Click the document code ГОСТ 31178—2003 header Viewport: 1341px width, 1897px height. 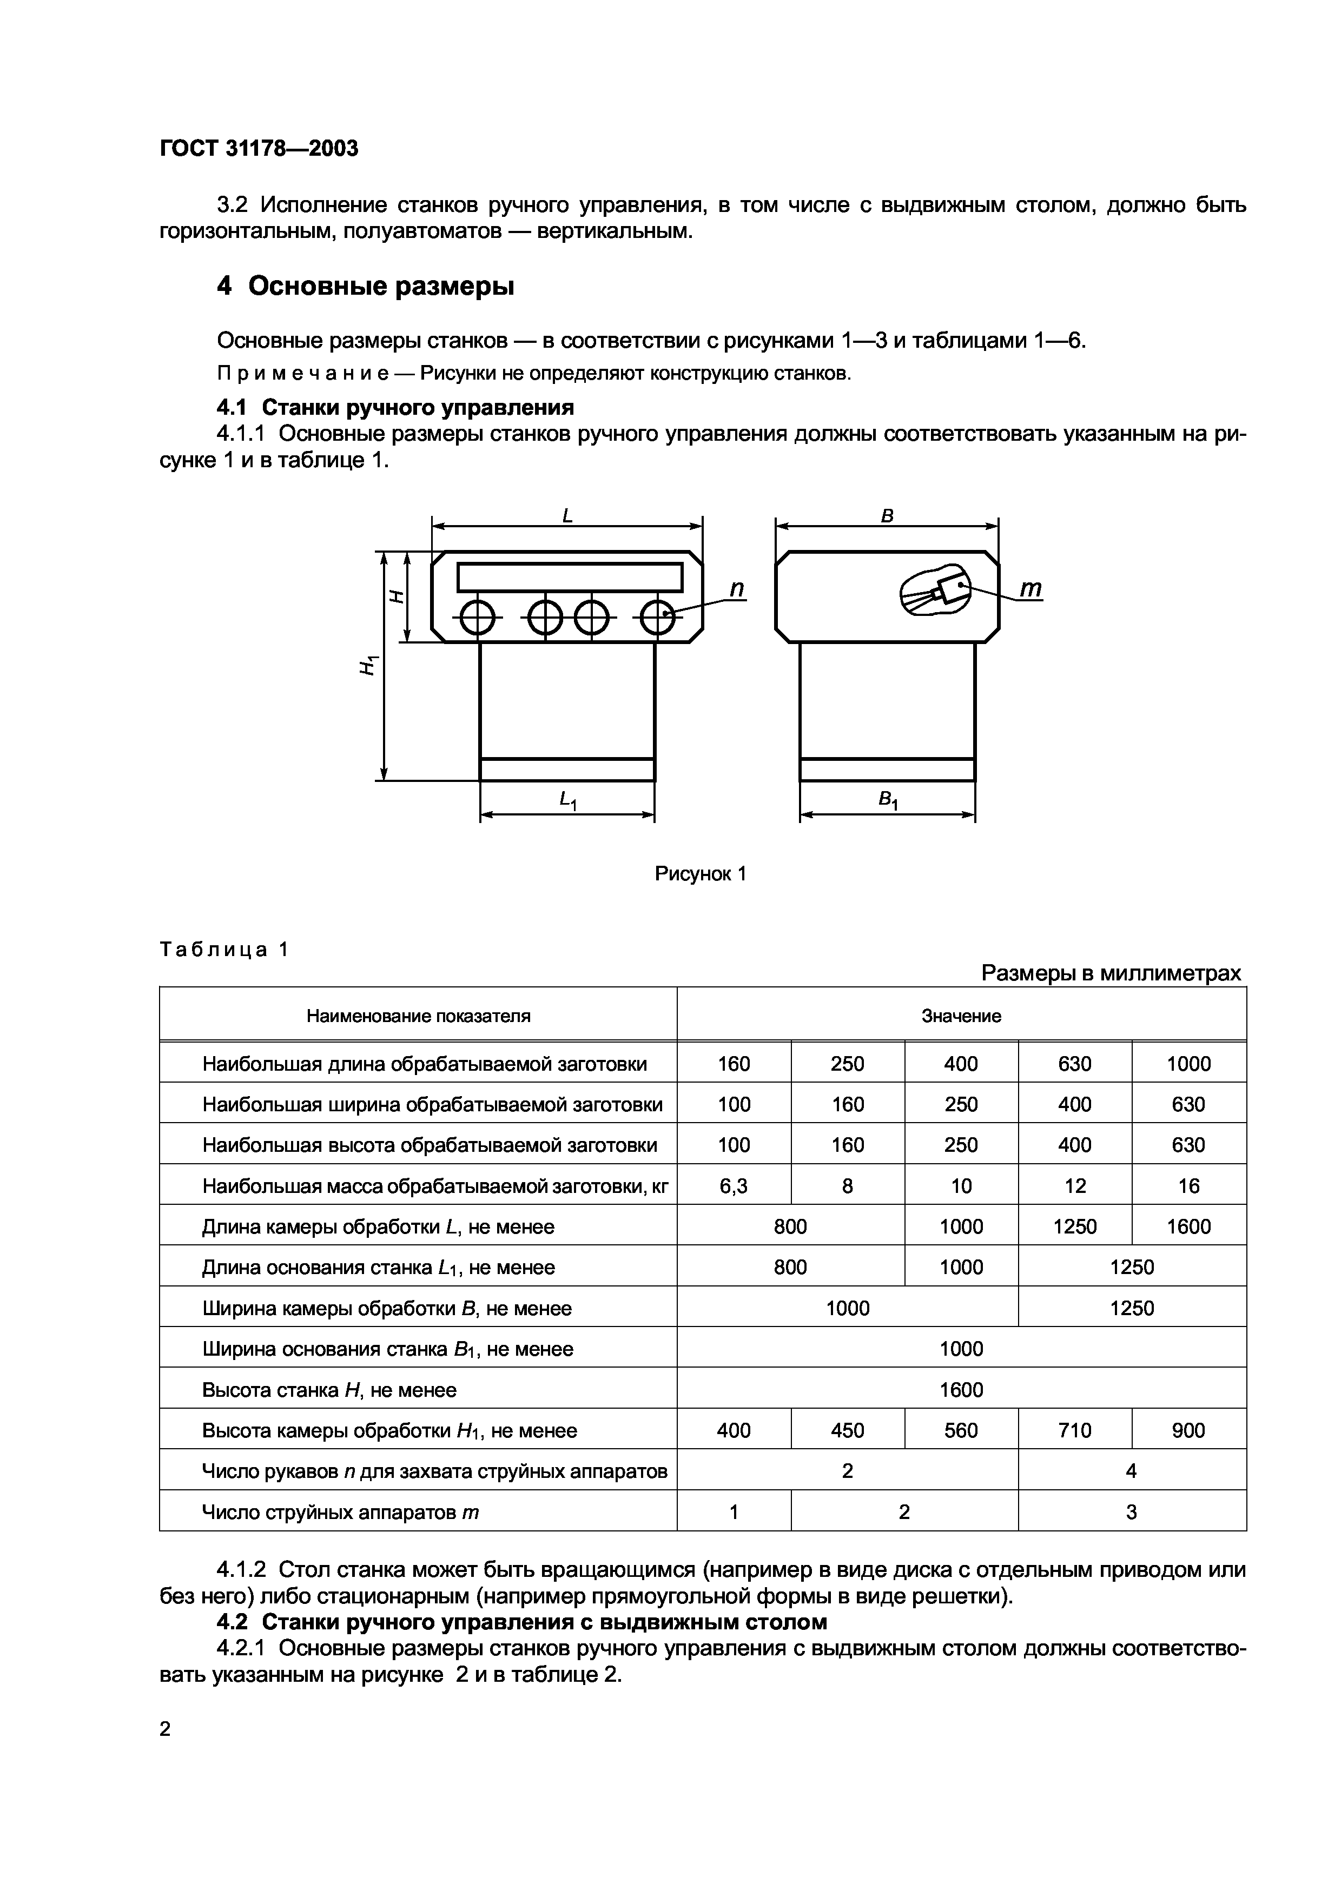(259, 149)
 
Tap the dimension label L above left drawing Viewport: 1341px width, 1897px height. (567, 515)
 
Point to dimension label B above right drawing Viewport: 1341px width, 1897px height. (887, 515)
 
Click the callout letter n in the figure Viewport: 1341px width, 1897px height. (736, 588)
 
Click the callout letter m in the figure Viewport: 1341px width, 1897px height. (1030, 588)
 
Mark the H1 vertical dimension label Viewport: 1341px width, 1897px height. (368, 664)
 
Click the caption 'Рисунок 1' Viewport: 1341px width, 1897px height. (701, 873)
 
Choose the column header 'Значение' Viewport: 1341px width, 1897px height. (961, 1016)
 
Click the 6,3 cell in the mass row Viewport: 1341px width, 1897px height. (733, 1185)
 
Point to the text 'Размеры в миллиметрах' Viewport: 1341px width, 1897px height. (1111, 973)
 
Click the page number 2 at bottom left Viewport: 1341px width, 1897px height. (165, 1728)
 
